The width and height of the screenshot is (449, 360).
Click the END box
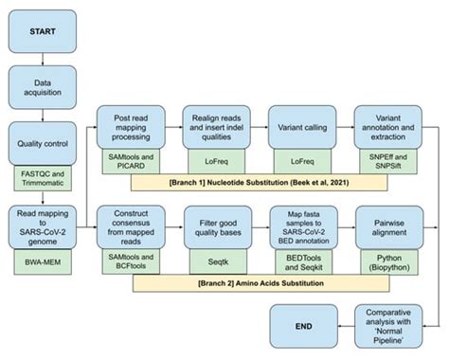pos(302,326)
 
